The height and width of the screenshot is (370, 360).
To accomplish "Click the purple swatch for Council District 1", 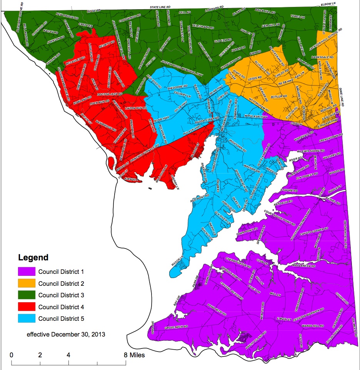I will click(x=26, y=272).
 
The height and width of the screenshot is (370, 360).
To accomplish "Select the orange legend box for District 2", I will click(x=26, y=283).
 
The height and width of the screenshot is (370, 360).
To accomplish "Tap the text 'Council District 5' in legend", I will click(x=61, y=319).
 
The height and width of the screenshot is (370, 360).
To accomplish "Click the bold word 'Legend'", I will click(x=33, y=258).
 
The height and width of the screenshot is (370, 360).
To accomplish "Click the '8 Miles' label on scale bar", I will click(x=134, y=355).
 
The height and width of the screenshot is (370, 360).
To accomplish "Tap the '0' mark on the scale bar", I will click(x=12, y=355).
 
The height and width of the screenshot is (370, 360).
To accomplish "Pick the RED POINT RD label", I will click(x=200, y=198).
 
